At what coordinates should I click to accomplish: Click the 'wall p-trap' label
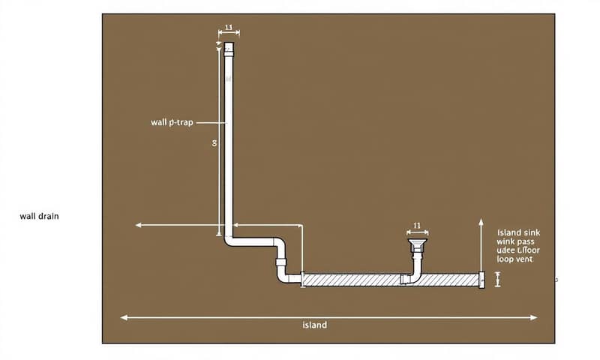[x=172, y=121]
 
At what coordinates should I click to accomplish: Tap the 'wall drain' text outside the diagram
[x=39, y=216]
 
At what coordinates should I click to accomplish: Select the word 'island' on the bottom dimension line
[x=315, y=325]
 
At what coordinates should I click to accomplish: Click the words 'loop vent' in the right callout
[x=514, y=258]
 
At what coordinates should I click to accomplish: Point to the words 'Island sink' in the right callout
[x=518, y=232]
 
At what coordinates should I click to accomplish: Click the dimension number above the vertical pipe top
[x=229, y=28]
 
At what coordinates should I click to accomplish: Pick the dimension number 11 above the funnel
[x=417, y=224]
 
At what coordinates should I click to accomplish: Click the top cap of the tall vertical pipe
[x=229, y=49]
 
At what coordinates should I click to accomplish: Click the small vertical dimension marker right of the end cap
[x=498, y=279]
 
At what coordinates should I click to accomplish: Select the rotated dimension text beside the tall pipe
[x=214, y=142]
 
